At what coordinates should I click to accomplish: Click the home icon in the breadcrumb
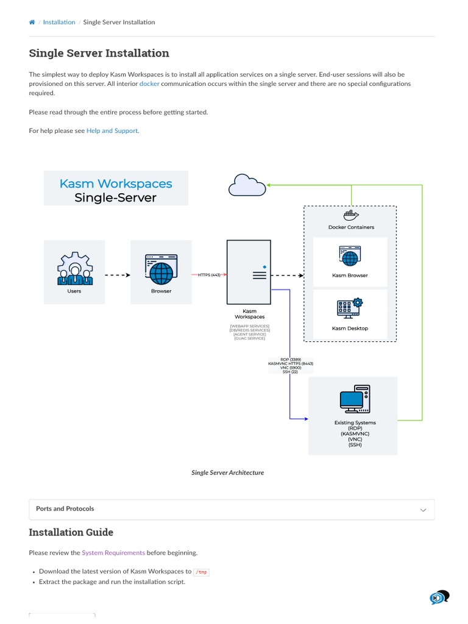[x=32, y=23]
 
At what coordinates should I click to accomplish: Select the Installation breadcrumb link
[x=59, y=23]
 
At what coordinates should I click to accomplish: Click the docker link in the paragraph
[x=149, y=83]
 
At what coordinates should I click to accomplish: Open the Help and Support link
[x=112, y=130]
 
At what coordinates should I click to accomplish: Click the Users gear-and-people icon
[x=74, y=269]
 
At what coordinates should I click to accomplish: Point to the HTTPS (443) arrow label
[x=209, y=275]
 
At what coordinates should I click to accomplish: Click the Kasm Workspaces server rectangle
[x=249, y=272]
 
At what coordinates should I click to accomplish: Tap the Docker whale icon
[x=350, y=215]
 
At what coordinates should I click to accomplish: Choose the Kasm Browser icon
[x=350, y=257]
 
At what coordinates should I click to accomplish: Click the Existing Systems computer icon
[x=355, y=399]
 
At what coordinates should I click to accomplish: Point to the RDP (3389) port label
[x=291, y=360]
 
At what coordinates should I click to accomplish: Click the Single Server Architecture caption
[x=227, y=472]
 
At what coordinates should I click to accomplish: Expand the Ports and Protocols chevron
[x=423, y=510]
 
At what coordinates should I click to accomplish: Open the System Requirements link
[x=113, y=553]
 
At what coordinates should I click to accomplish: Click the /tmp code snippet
[x=201, y=572]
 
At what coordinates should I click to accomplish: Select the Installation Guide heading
[x=71, y=533]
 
